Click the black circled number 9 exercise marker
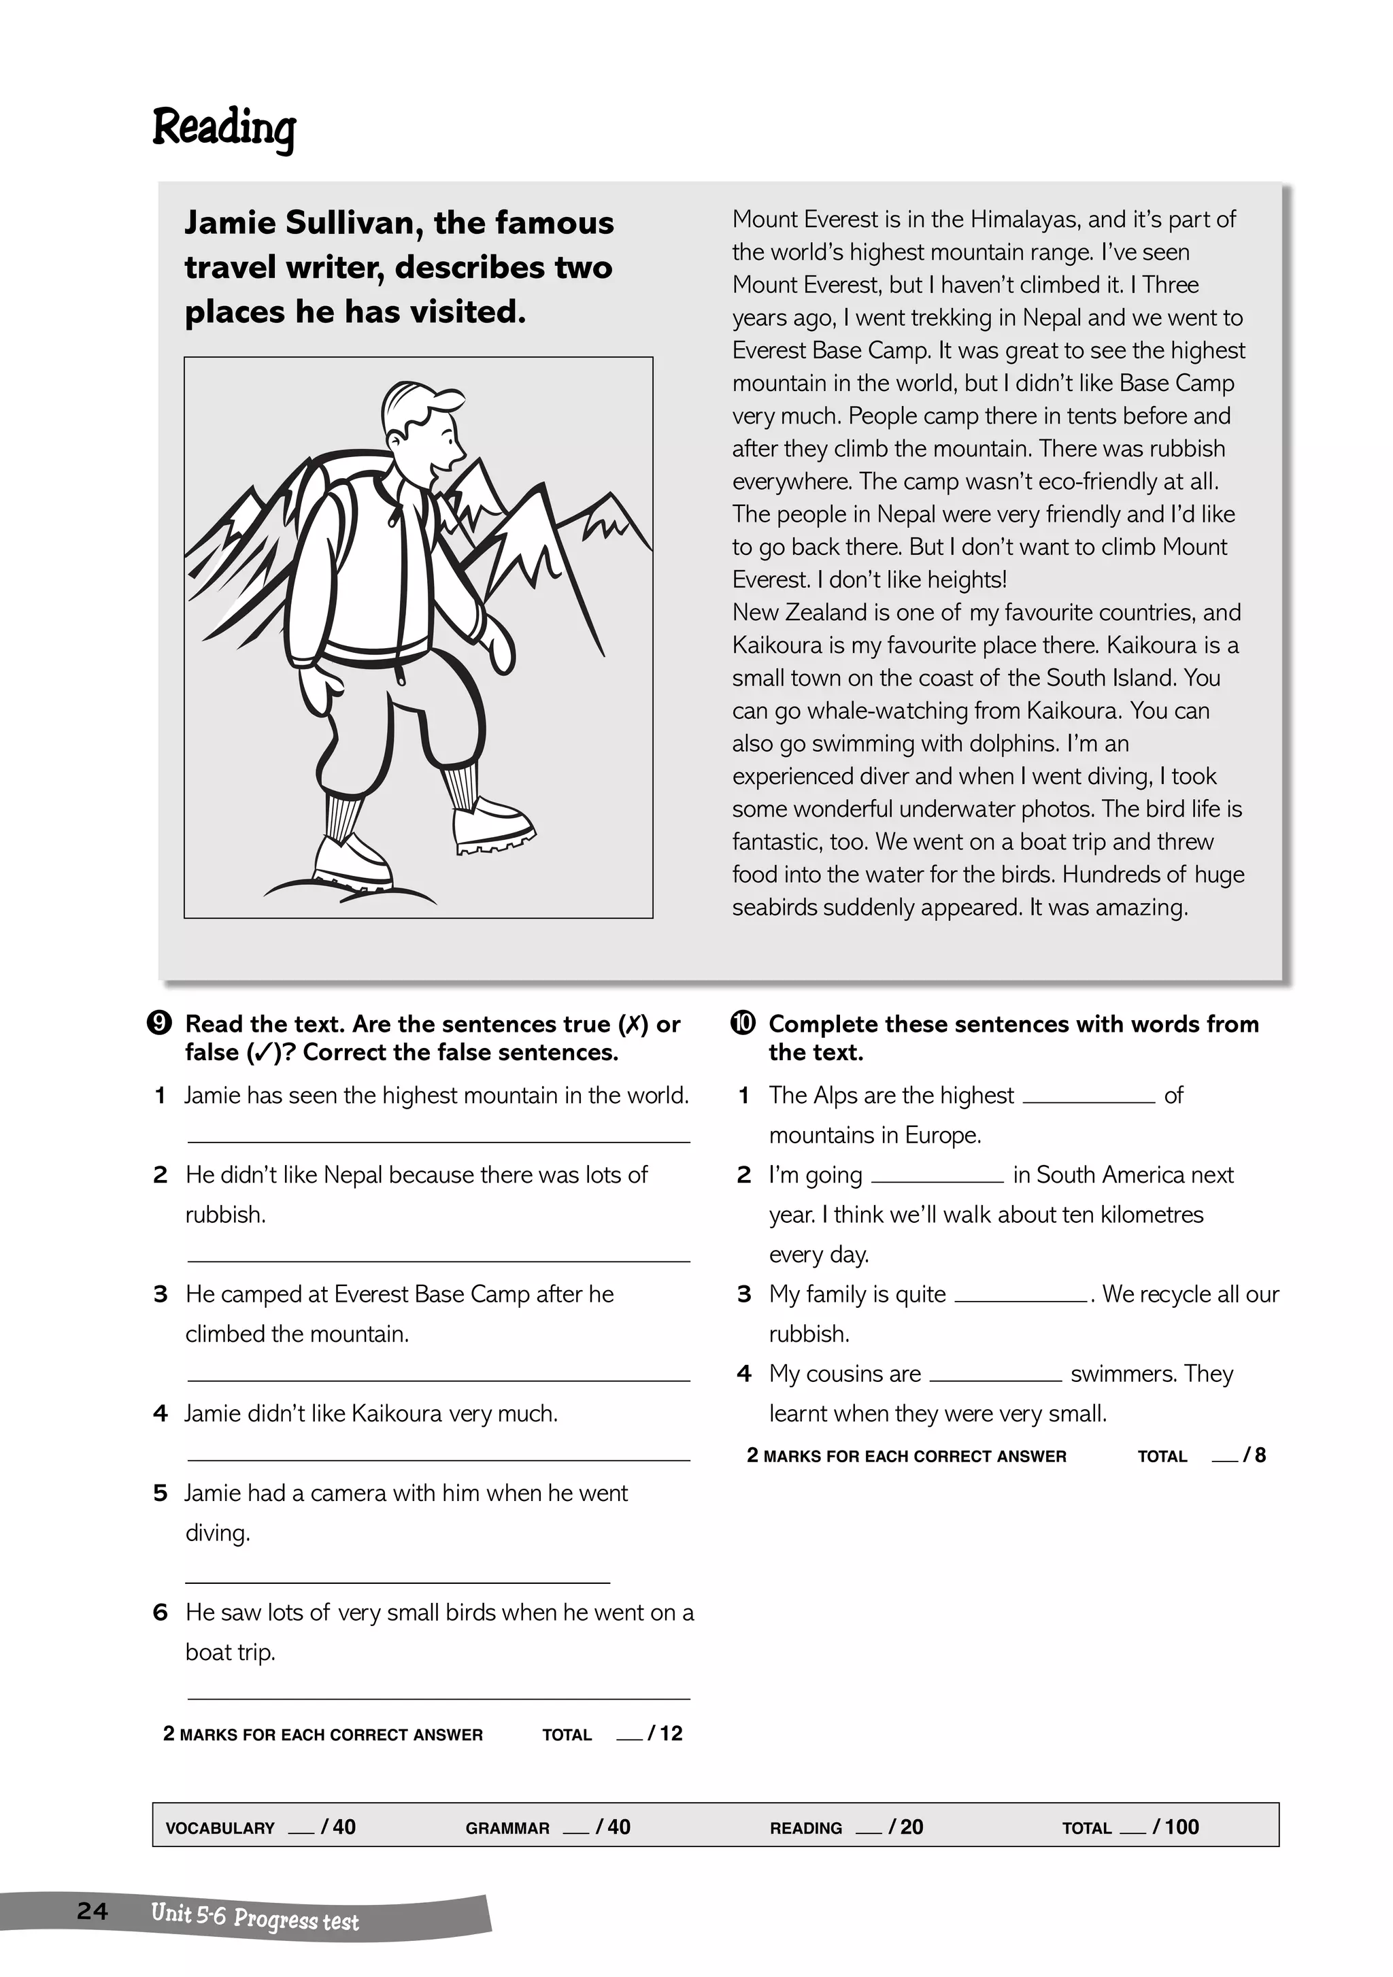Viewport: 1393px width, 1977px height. (x=159, y=1023)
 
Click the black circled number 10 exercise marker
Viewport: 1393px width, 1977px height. (x=743, y=1023)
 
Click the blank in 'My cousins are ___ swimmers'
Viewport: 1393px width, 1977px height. (x=995, y=1379)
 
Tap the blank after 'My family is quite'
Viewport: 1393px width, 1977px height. (x=1020, y=1300)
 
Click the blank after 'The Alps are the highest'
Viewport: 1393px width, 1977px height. (x=1088, y=1100)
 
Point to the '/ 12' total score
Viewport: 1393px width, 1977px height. (x=665, y=1734)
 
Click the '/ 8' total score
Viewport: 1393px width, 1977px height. (x=1254, y=1455)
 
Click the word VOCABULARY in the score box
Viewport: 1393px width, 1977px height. (x=220, y=1828)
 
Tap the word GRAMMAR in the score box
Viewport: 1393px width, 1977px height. (x=507, y=1828)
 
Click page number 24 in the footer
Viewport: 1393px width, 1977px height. (x=92, y=1912)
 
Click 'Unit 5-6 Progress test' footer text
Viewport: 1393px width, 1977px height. (x=255, y=1916)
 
